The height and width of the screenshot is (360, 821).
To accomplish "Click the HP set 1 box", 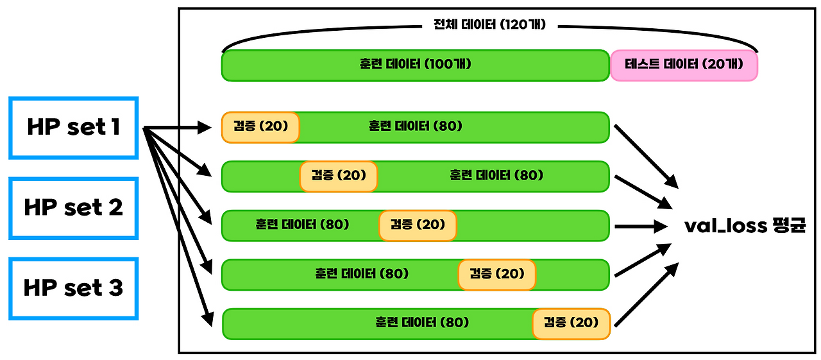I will pos(73,128).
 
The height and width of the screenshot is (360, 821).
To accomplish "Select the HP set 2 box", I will pos(73,208).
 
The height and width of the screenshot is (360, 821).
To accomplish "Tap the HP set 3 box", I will pos(73,288).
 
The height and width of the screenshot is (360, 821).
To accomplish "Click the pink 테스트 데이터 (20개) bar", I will pos(684,65).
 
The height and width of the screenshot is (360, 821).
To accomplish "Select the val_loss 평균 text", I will pos(745,226).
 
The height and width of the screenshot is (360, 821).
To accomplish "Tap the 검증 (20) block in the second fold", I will pos(339,176).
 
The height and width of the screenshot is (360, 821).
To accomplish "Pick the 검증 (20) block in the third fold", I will pos(418,225).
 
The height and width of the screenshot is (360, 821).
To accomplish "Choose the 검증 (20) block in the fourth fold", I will pos(496,275).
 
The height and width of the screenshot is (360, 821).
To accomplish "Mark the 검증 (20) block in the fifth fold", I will pos(571,323).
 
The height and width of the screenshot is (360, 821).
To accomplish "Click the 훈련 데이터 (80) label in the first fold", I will pos(415,126).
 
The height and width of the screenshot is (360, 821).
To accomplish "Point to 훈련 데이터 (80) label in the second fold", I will pos(496,175).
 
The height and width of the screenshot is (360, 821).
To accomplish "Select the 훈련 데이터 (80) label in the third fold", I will pos(301,225).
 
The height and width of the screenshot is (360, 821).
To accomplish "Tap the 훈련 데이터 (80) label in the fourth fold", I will pos(362,274).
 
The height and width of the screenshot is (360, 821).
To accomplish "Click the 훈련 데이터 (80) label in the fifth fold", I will pos(422,322).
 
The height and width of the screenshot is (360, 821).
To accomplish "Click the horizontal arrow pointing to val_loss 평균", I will pos(641,226).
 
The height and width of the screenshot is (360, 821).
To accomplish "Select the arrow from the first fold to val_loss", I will pos(647,155).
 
